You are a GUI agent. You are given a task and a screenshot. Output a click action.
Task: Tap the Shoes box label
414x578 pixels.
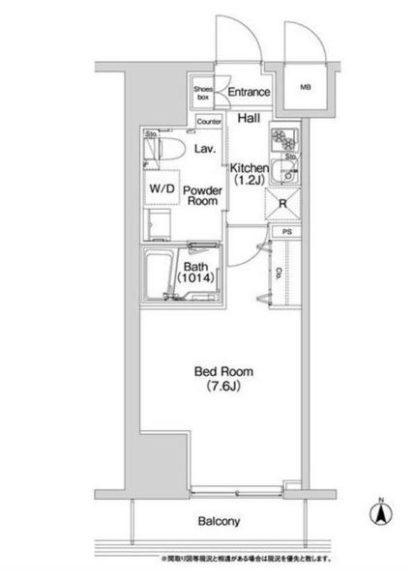202,92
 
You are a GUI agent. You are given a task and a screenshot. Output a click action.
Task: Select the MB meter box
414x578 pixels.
307,88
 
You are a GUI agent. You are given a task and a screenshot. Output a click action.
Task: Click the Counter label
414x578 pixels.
208,123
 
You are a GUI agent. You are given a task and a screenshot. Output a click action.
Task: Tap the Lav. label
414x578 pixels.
204,149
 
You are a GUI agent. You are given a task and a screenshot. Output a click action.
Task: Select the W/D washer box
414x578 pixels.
161,189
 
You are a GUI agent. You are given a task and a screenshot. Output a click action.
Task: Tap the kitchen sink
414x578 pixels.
287,175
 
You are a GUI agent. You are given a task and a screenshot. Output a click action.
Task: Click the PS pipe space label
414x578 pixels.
287,233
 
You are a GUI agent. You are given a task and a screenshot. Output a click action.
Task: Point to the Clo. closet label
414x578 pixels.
280,274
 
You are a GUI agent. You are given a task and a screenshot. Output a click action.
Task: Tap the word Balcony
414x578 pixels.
220,521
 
